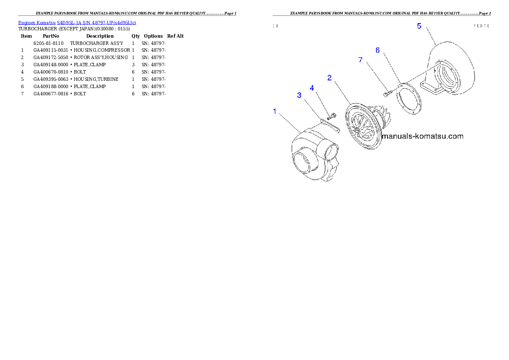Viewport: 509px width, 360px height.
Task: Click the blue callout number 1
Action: click(x=275, y=112)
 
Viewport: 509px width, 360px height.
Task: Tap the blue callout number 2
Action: click(x=329, y=78)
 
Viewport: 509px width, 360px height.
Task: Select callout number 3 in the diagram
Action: click(x=299, y=95)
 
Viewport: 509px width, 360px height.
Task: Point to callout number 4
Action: click(x=312, y=88)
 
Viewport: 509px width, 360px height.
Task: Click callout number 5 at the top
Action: click(x=419, y=26)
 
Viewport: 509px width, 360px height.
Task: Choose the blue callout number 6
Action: click(x=378, y=50)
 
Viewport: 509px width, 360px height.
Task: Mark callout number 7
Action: click(x=360, y=60)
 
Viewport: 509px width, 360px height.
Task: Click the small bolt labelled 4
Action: click(x=331, y=116)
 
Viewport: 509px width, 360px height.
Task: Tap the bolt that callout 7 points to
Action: click(x=387, y=93)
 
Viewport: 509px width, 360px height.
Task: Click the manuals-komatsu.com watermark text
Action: click(x=422, y=136)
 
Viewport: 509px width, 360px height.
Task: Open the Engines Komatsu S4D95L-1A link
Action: click(x=77, y=22)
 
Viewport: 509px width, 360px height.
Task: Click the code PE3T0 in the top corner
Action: click(x=481, y=26)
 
